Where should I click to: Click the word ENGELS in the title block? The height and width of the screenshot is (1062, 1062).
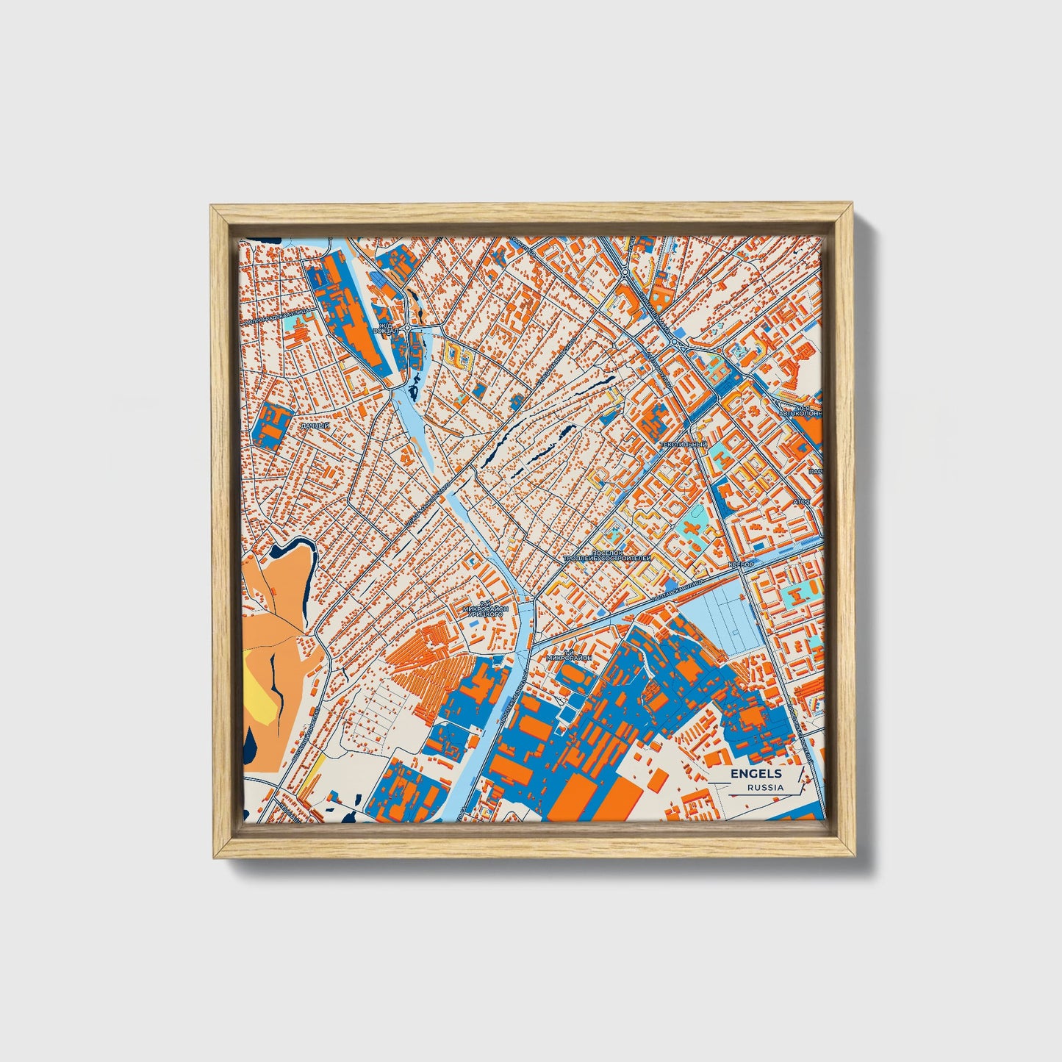point(756,773)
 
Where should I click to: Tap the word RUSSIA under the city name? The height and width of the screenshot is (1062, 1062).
point(764,787)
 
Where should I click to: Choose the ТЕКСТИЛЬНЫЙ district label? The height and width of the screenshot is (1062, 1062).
point(683,445)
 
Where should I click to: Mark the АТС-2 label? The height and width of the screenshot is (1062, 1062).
point(801,502)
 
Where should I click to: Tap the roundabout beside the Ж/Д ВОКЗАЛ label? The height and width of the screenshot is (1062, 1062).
point(406,329)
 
